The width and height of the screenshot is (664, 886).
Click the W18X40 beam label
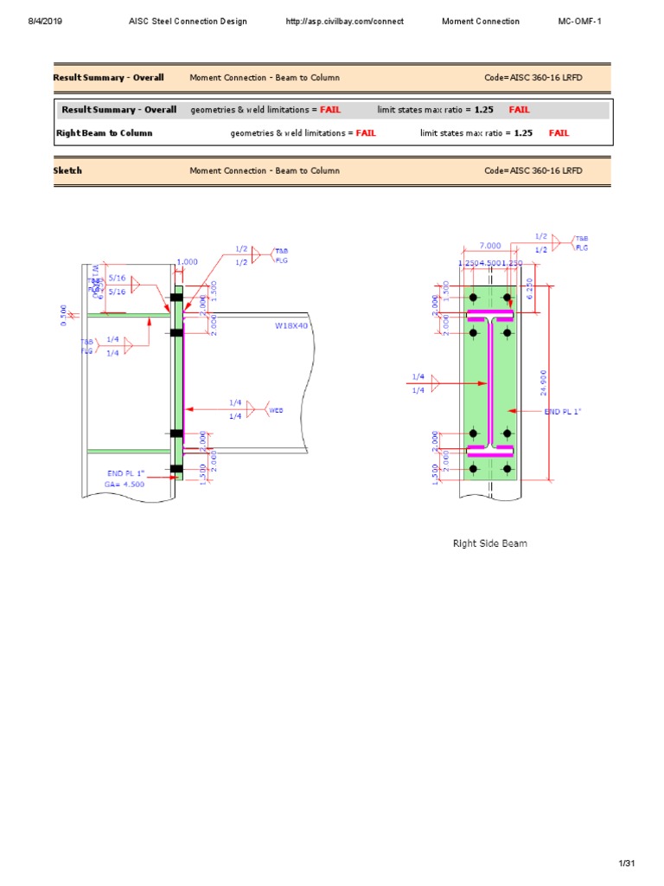coord(290,326)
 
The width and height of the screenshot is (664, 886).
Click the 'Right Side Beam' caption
coord(490,543)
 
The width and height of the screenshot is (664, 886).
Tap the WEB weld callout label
coord(276,410)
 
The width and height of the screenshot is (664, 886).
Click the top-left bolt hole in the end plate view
coord(474,297)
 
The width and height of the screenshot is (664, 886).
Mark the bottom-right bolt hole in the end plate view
coord(508,468)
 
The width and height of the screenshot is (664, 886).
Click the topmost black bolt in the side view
coord(176,298)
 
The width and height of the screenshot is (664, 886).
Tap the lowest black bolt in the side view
coord(176,469)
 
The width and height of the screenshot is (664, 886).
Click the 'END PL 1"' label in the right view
coord(563,412)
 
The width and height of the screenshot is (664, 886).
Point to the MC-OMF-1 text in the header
coord(579,22)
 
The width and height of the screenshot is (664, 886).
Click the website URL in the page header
coord(344,22)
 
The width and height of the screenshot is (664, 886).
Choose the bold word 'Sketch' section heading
coord(67,170)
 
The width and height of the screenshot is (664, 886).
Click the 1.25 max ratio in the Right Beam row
coord(523,133)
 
